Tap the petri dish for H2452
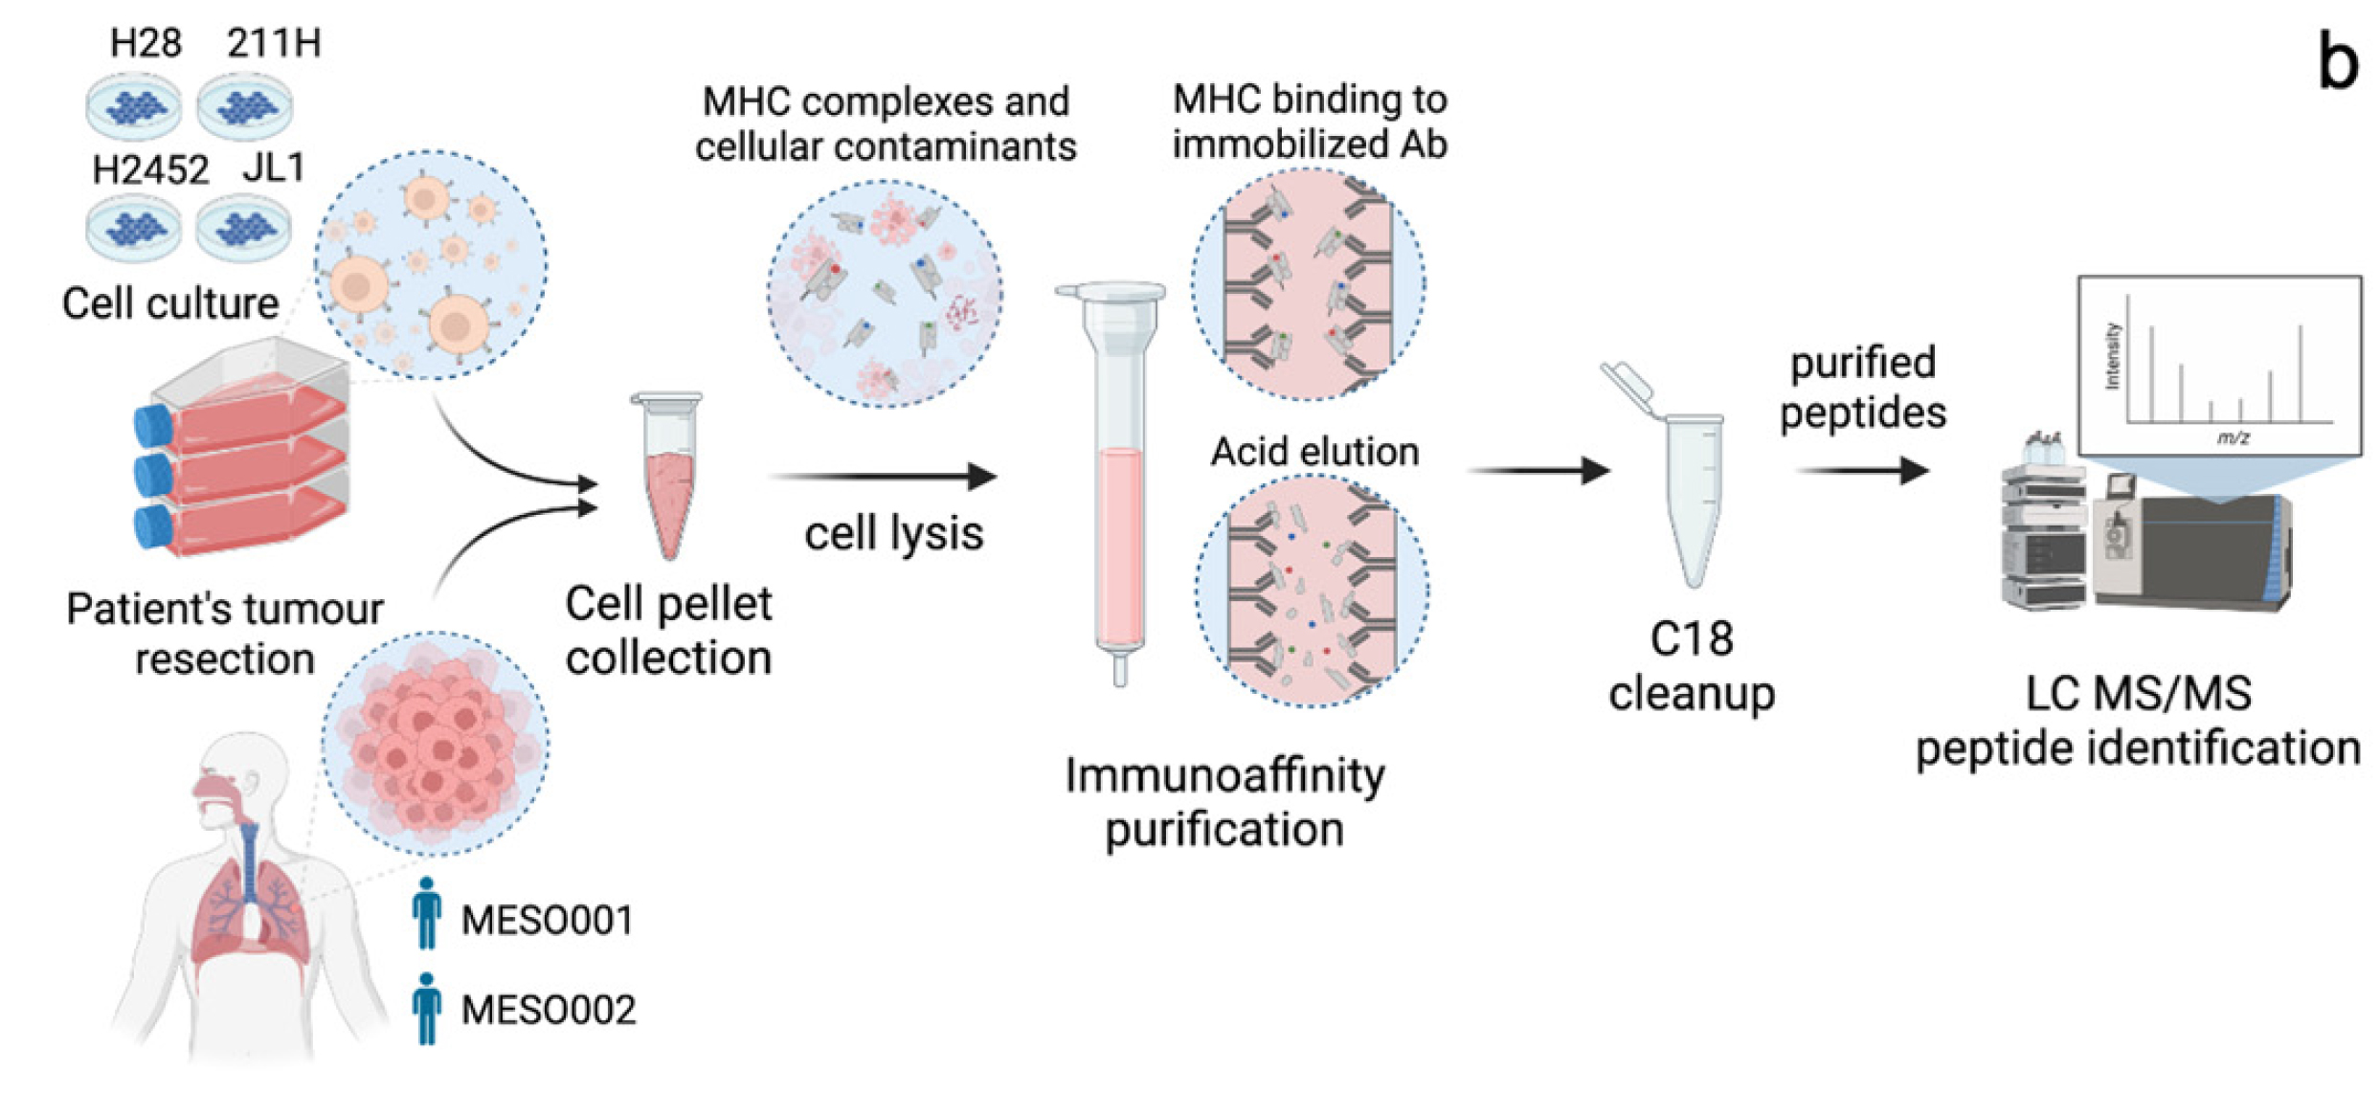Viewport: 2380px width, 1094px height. [x=133, y=229]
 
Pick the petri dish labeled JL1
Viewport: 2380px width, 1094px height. [x=243, y=229]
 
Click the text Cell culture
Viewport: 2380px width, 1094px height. [x=170, y=303]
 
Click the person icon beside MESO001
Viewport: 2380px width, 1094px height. [x=427, y=914]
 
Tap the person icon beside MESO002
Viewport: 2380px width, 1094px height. [x=427, y=1009]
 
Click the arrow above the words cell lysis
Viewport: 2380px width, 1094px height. [x=883, y=476]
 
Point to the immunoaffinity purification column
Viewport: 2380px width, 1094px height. [x=1117, y=479]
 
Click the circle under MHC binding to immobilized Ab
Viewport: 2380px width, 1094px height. [x=1309, y=284]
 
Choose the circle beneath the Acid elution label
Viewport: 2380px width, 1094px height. [x=1312, y=592]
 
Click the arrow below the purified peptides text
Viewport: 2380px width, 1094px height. [x=1862, y=470]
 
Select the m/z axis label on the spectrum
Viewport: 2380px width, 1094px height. [x=2234, y=437]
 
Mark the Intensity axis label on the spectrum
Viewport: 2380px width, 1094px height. [x=2112, y=356]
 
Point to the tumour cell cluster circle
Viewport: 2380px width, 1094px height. [x=436, y=744]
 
